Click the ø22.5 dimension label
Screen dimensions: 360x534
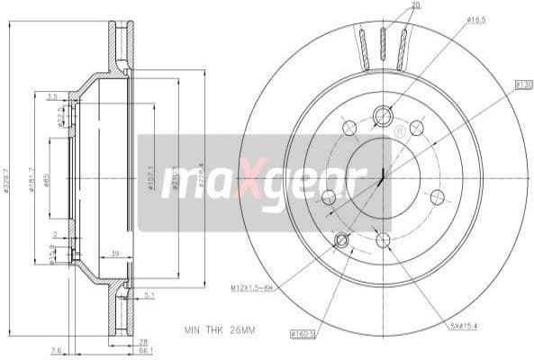tap(59, 120)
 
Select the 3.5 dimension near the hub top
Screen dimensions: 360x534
tap(52, 95)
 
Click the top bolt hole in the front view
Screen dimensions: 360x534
tap(383, 114)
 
